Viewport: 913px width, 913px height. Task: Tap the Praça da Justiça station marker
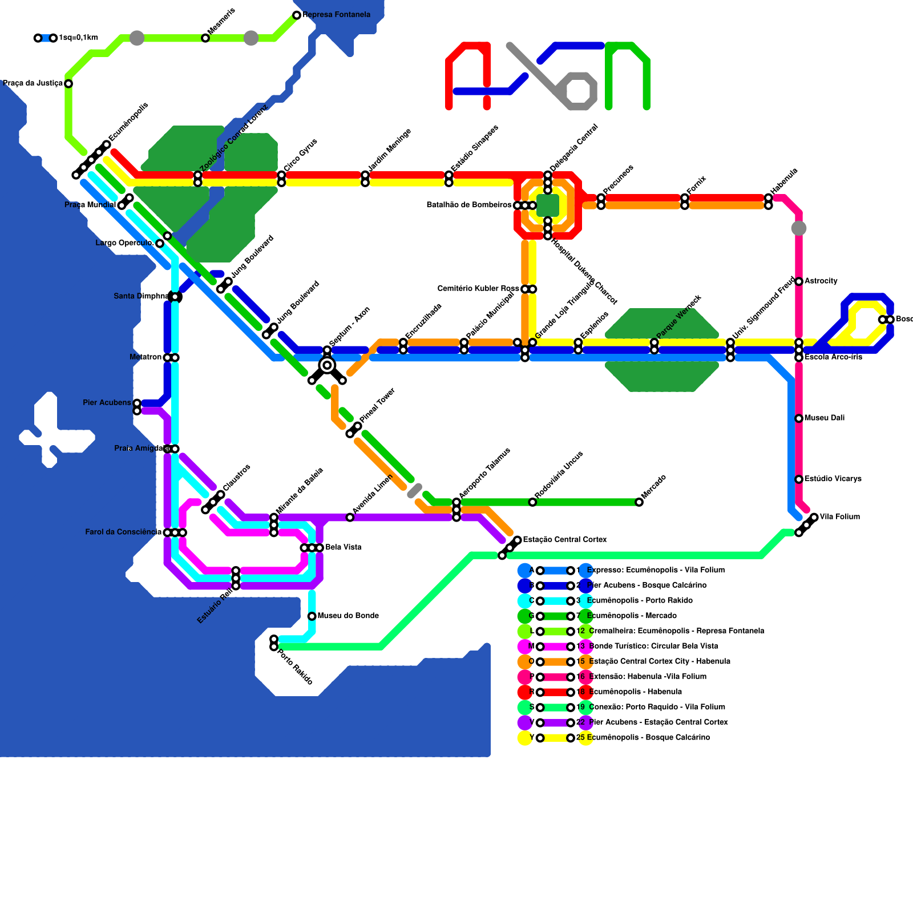[68, 84]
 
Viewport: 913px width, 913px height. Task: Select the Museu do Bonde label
[348, 616]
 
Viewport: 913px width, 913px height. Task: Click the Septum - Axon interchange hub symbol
[327, 365]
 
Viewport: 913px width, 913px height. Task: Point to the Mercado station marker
[639, 502]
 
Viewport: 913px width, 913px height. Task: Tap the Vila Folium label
[839, 517]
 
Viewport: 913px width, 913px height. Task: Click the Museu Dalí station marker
[799, 418]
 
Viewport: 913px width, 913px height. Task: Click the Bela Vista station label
[344, 547]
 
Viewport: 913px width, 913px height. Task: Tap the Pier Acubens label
[107, 403]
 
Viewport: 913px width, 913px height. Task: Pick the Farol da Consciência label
[123, 532]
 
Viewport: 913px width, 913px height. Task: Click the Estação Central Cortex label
[564, 539]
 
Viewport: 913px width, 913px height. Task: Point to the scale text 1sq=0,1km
[78, 38]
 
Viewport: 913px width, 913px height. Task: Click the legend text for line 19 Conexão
[656, 707]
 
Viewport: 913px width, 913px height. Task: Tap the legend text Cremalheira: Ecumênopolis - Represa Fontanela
[676, 631]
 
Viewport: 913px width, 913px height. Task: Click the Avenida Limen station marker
[350, 518]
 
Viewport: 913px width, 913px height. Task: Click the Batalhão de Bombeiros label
[468, 205]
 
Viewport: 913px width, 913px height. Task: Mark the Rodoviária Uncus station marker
[532, 502]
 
